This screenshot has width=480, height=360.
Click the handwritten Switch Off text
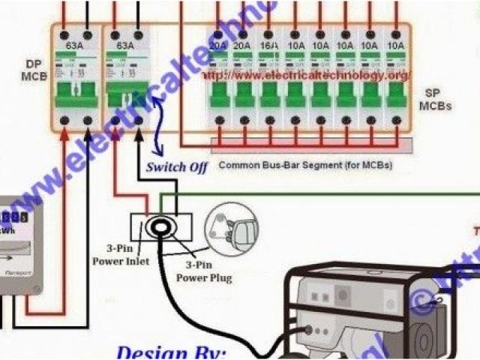(176, 166)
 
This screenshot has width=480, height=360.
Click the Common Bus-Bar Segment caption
(304, 164)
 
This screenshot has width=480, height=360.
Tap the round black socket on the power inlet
(160, 226)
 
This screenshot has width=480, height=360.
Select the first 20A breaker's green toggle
(217, 94)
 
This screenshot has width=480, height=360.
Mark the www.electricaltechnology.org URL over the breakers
(307, 76)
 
